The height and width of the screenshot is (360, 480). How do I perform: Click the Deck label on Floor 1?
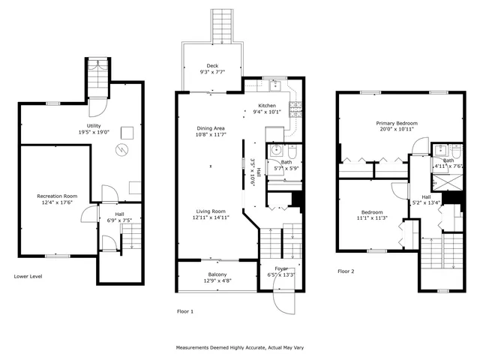point(214,64)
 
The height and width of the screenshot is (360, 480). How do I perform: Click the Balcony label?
point(217,274)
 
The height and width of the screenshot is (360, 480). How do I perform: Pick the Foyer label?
point(280,268)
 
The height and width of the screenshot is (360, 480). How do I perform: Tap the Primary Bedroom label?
point(397,123)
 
